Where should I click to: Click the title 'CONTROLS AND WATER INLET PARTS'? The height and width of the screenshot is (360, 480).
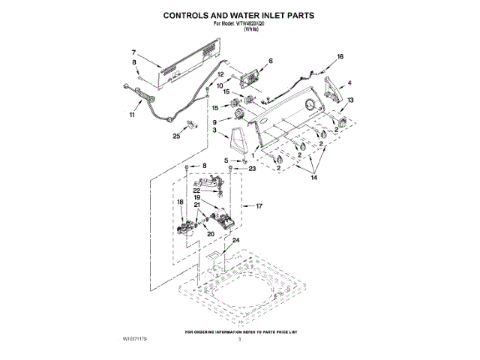click(x=240, y=15)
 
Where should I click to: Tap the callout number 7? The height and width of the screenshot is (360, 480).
click(x=133, y=52)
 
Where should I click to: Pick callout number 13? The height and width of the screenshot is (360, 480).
click(x=350, y=100)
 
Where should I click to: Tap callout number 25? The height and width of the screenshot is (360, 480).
click(x=176, y=136)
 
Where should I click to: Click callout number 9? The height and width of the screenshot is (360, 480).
click(x=214, y=122)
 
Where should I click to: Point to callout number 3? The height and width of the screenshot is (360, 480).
click(x=215, y=131)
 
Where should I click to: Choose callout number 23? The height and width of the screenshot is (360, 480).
click(x=252, y=170)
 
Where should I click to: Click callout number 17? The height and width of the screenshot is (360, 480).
click(x=259, y=205)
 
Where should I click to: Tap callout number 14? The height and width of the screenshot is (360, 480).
click(x=313, y=178)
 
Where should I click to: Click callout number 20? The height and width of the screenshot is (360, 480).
click(x=210, y=234)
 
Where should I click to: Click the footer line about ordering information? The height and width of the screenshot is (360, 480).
click(x=239, y=331)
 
